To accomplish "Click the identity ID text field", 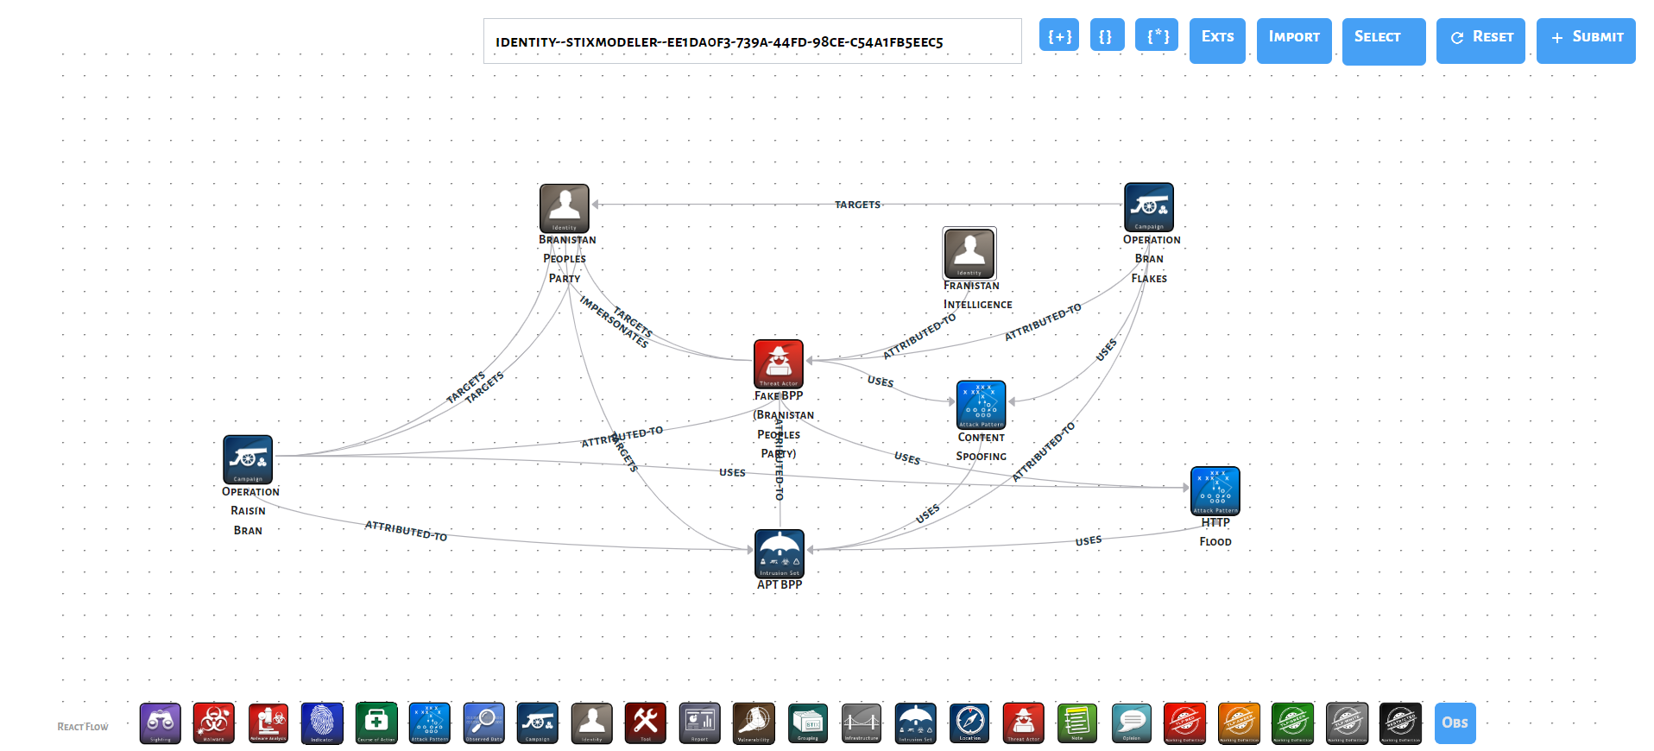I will point(751,41).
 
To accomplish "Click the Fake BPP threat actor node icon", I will point(779,363).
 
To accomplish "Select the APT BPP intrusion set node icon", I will point(780,553).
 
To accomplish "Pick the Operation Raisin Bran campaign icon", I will point(248,459).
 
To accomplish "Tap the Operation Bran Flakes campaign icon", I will point(1149,207).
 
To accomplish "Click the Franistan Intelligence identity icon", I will point(969,253).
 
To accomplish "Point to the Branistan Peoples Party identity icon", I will point(565,208).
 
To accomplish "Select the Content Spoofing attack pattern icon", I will point(982,404).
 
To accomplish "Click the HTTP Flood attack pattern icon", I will point(1215,490).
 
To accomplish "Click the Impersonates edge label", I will point(614,323).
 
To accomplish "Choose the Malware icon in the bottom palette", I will point(214,723).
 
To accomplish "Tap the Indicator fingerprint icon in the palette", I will point(322,723).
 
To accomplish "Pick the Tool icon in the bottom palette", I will point(646,723).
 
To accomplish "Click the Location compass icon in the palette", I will point(969,723).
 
